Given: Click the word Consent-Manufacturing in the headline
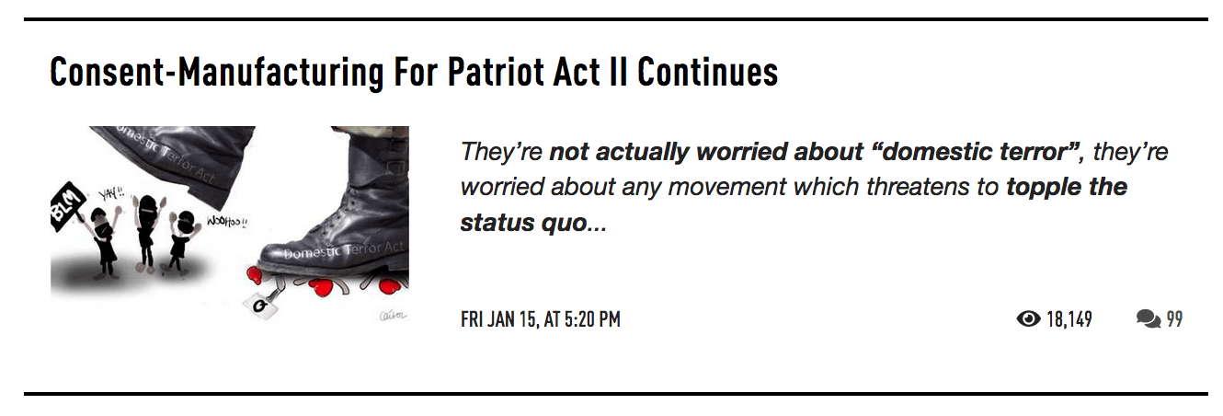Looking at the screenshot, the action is click(217, 72).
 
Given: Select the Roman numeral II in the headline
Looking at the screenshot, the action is click(618, 72).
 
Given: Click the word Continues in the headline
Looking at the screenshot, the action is click(708, 72).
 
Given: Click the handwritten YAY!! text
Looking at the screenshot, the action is click(111, 193).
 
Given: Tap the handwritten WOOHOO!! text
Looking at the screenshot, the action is click(227, 222).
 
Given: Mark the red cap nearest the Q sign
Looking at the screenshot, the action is click(255, 275).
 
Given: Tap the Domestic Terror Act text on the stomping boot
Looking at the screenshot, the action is click(343, 250).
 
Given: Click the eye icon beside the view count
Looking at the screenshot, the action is click(1029, 318).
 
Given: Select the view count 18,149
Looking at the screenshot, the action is click(1069, 319).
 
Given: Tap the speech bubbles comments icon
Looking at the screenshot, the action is click(1149, 318).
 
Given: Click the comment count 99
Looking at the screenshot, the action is click(1174, 319).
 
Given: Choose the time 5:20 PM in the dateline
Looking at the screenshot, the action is click(592, 319).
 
